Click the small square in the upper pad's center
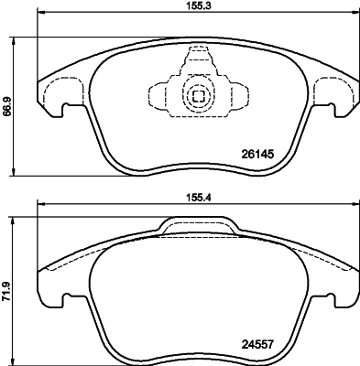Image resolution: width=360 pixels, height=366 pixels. [x=197, y=94]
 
